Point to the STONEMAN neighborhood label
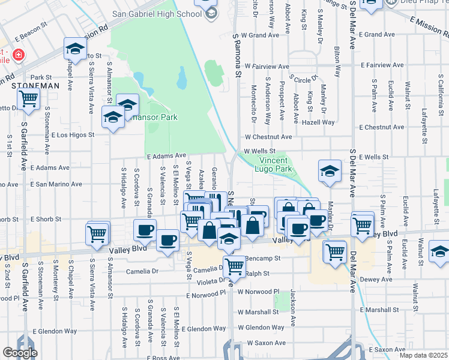pyautogui.click(x=35, y=86)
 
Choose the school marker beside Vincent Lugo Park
pyautogui.click(x=329, y=172)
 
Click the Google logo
pyautogui.click(x=20, y=353)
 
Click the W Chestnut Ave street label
pyautogui.click(x=268, y=137)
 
